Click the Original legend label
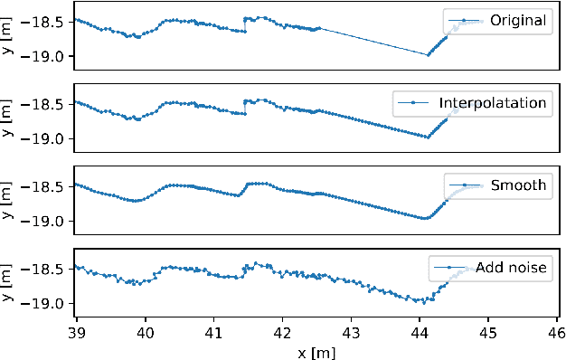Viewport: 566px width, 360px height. pos(519,21)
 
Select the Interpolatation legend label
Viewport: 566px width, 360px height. pos(494,103)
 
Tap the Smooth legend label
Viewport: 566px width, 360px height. pos(519,185)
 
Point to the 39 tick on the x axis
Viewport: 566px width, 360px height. pos(77,330)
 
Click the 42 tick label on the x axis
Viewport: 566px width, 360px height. pos(282,330)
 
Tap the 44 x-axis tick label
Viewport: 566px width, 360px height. pos(420,330)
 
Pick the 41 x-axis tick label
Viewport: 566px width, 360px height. pos(214,330)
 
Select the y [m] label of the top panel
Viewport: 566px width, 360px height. pos(8,36)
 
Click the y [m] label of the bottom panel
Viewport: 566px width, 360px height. pos(8,282)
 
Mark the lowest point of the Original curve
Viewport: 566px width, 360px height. pos(428,54)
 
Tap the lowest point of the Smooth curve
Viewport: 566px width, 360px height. pos(425,218)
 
